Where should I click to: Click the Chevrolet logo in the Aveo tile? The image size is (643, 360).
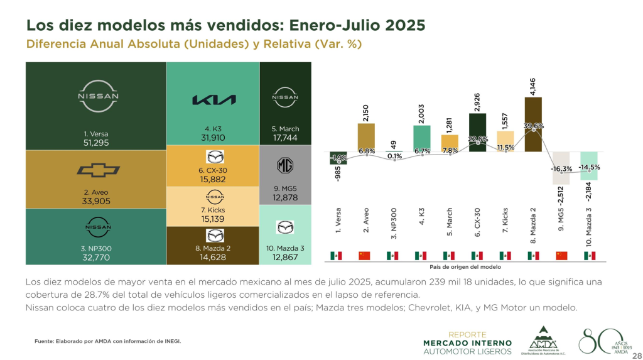point(97,171)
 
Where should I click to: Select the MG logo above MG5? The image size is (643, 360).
point(285,166)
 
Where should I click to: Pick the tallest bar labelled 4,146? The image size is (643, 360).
point(533,124)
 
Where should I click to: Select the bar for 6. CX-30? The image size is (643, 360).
point(478,133)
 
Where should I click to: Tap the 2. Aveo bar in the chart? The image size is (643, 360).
point(367,138)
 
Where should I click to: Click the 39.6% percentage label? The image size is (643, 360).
point(534,126)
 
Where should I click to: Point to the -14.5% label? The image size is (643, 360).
point(590,167)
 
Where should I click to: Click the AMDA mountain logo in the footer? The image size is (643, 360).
point(543,339)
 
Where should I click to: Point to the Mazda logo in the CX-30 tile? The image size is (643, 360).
point(215,157)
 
